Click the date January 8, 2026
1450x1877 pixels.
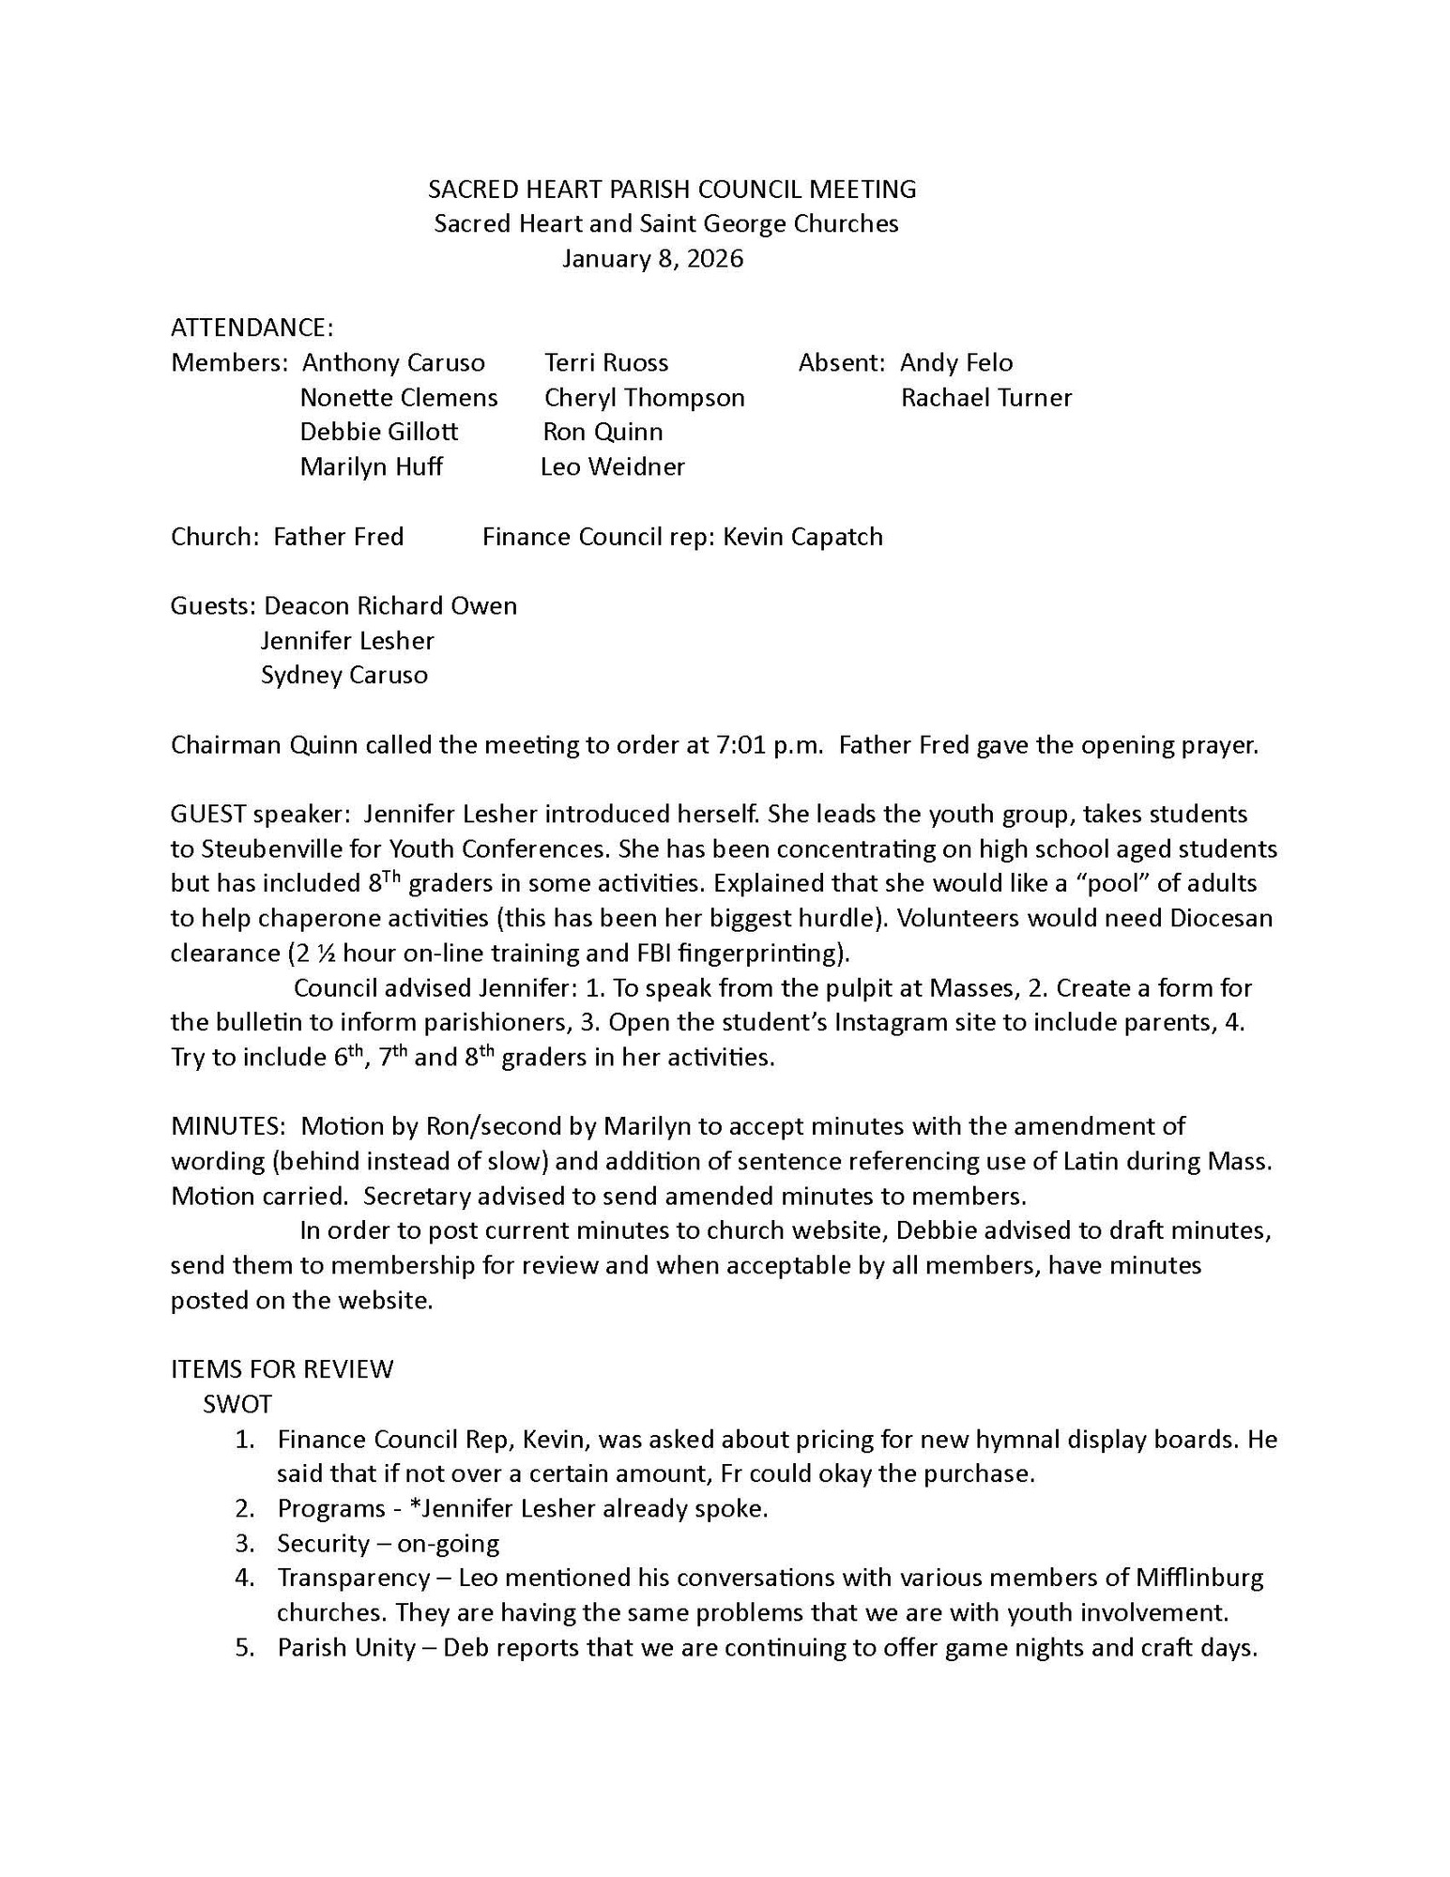pos(652,259)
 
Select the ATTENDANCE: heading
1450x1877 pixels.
pos(252,328)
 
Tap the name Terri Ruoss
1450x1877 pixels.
pos(606,363)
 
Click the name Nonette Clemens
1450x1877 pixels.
pos(399,398)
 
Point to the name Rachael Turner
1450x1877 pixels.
pos(985,398)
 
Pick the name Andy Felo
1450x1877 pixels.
pos(956,363)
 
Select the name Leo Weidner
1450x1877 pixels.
pos(613,467)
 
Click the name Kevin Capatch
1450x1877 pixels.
pos(802,537)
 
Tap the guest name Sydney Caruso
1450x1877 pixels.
pos(344,676)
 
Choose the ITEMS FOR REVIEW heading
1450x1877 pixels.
pos(282,1369)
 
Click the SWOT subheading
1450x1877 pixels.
pos(237,1404)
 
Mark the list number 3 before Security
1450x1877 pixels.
pos(245,1543)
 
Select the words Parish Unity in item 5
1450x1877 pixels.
pos(346,1647)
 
